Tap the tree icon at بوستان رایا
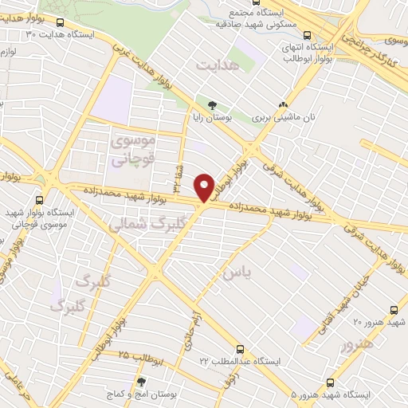(x=212, y=104)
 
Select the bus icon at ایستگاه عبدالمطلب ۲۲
(x=239, y=348)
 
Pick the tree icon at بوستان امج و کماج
(x=141, y=382)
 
